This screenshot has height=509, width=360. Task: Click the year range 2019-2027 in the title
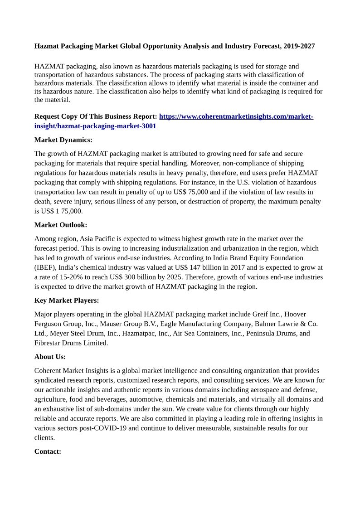tap(298, 46)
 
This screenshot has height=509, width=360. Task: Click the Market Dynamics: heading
tap(63, 140)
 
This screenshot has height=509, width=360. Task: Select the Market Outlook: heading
tap(61, 225)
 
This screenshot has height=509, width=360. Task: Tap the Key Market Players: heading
tap(67, 300)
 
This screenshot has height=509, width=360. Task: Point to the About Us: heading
tap(50, 357)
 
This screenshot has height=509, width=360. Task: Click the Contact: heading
tap(48, 451)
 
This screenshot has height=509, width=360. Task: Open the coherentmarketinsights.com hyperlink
tap(236, 116)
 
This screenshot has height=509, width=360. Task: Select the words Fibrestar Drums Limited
tap(71, 343)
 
